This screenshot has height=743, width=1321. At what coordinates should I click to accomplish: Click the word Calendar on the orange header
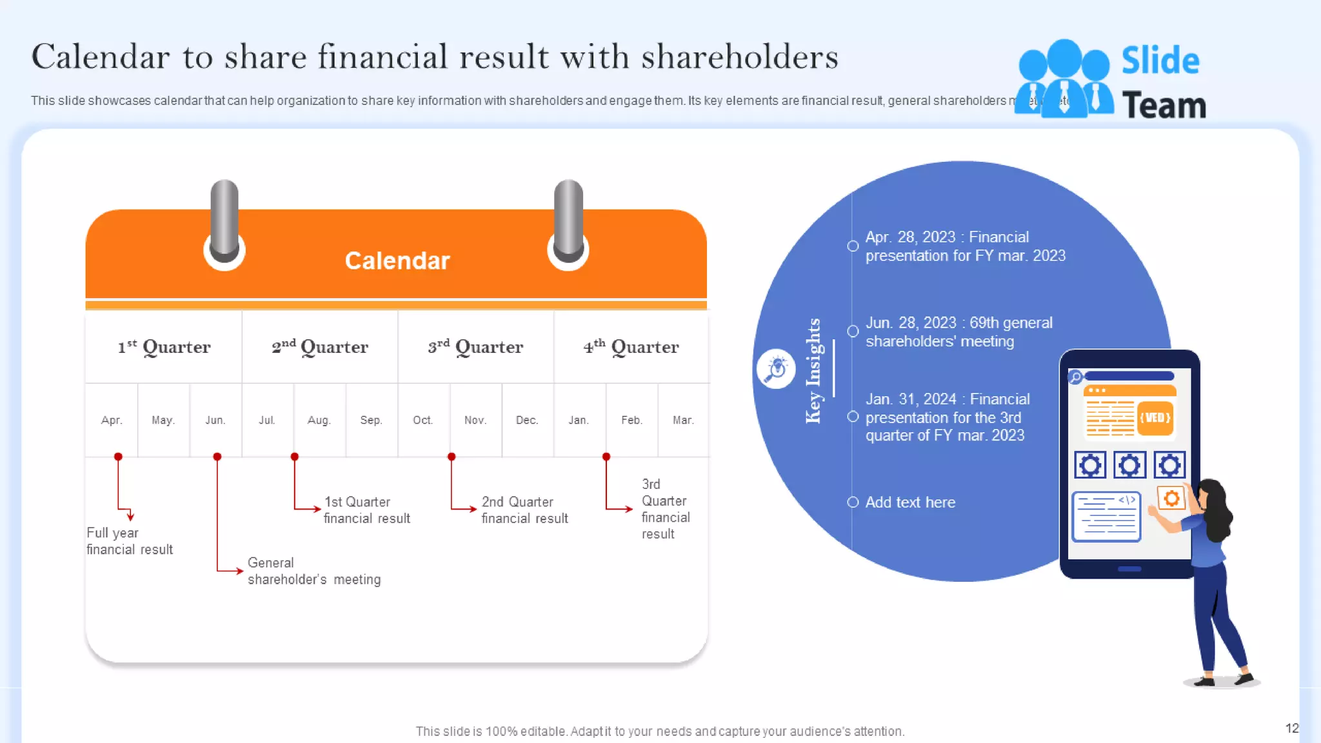(397, 261)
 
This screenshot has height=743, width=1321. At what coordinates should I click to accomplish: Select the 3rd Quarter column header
(475, 347)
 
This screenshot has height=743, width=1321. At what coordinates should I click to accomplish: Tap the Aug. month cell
(319, 421)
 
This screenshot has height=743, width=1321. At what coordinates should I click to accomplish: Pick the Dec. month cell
(526, 421)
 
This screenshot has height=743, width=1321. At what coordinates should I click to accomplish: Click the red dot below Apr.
(118, 457)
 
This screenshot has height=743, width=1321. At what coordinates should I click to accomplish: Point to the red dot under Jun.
(217, 457)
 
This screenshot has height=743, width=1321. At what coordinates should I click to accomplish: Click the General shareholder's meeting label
(313, 571)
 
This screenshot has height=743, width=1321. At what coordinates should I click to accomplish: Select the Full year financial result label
(129, 541)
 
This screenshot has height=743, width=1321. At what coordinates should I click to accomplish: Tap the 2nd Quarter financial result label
(524, 510)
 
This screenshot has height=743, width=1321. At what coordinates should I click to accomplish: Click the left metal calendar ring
(224, 219)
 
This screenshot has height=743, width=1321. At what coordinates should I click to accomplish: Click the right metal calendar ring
(568, 219)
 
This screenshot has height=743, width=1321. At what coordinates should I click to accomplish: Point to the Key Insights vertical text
(813, 371)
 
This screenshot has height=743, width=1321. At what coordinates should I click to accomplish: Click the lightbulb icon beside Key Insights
(776, 369)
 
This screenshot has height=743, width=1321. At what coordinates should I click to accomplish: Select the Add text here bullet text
(909, 502)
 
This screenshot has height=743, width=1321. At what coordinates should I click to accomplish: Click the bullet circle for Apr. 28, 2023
(853, 246)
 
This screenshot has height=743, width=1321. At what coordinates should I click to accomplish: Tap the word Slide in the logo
(1160, 61)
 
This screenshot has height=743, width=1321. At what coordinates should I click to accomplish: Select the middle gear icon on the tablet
(1129, 465)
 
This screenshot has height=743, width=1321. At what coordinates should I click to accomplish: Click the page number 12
(1291, 728)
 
